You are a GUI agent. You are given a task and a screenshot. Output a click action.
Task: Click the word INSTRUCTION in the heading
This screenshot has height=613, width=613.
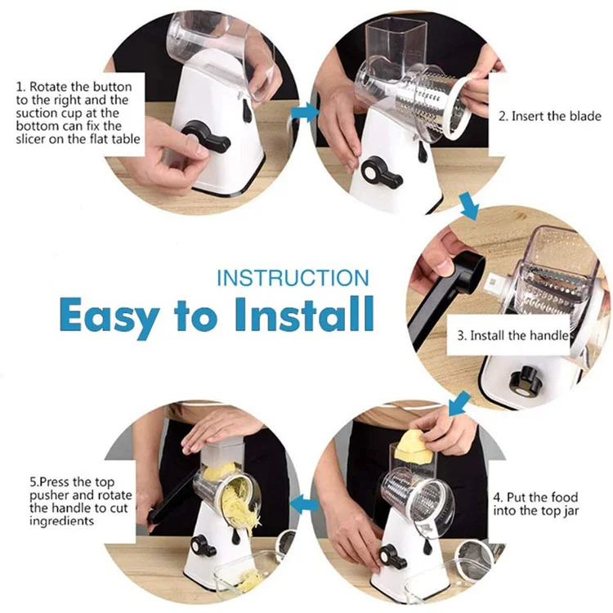(293, 278)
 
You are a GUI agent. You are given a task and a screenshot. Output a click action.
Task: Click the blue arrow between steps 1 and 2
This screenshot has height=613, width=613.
(303, 113)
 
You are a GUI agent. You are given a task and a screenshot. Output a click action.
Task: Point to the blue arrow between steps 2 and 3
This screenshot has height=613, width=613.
(469, 205)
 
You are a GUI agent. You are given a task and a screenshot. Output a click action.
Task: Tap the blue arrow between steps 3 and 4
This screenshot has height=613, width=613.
(459, 402)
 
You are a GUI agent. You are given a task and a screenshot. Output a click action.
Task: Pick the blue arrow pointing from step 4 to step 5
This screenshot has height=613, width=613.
(306, 504)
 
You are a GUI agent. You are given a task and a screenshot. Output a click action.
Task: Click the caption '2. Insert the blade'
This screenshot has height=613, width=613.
(551, 116)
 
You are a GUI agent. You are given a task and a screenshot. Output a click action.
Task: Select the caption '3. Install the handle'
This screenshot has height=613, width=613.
(512, 336)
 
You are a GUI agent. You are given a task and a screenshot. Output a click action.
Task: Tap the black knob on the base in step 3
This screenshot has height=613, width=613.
(519, 381)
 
